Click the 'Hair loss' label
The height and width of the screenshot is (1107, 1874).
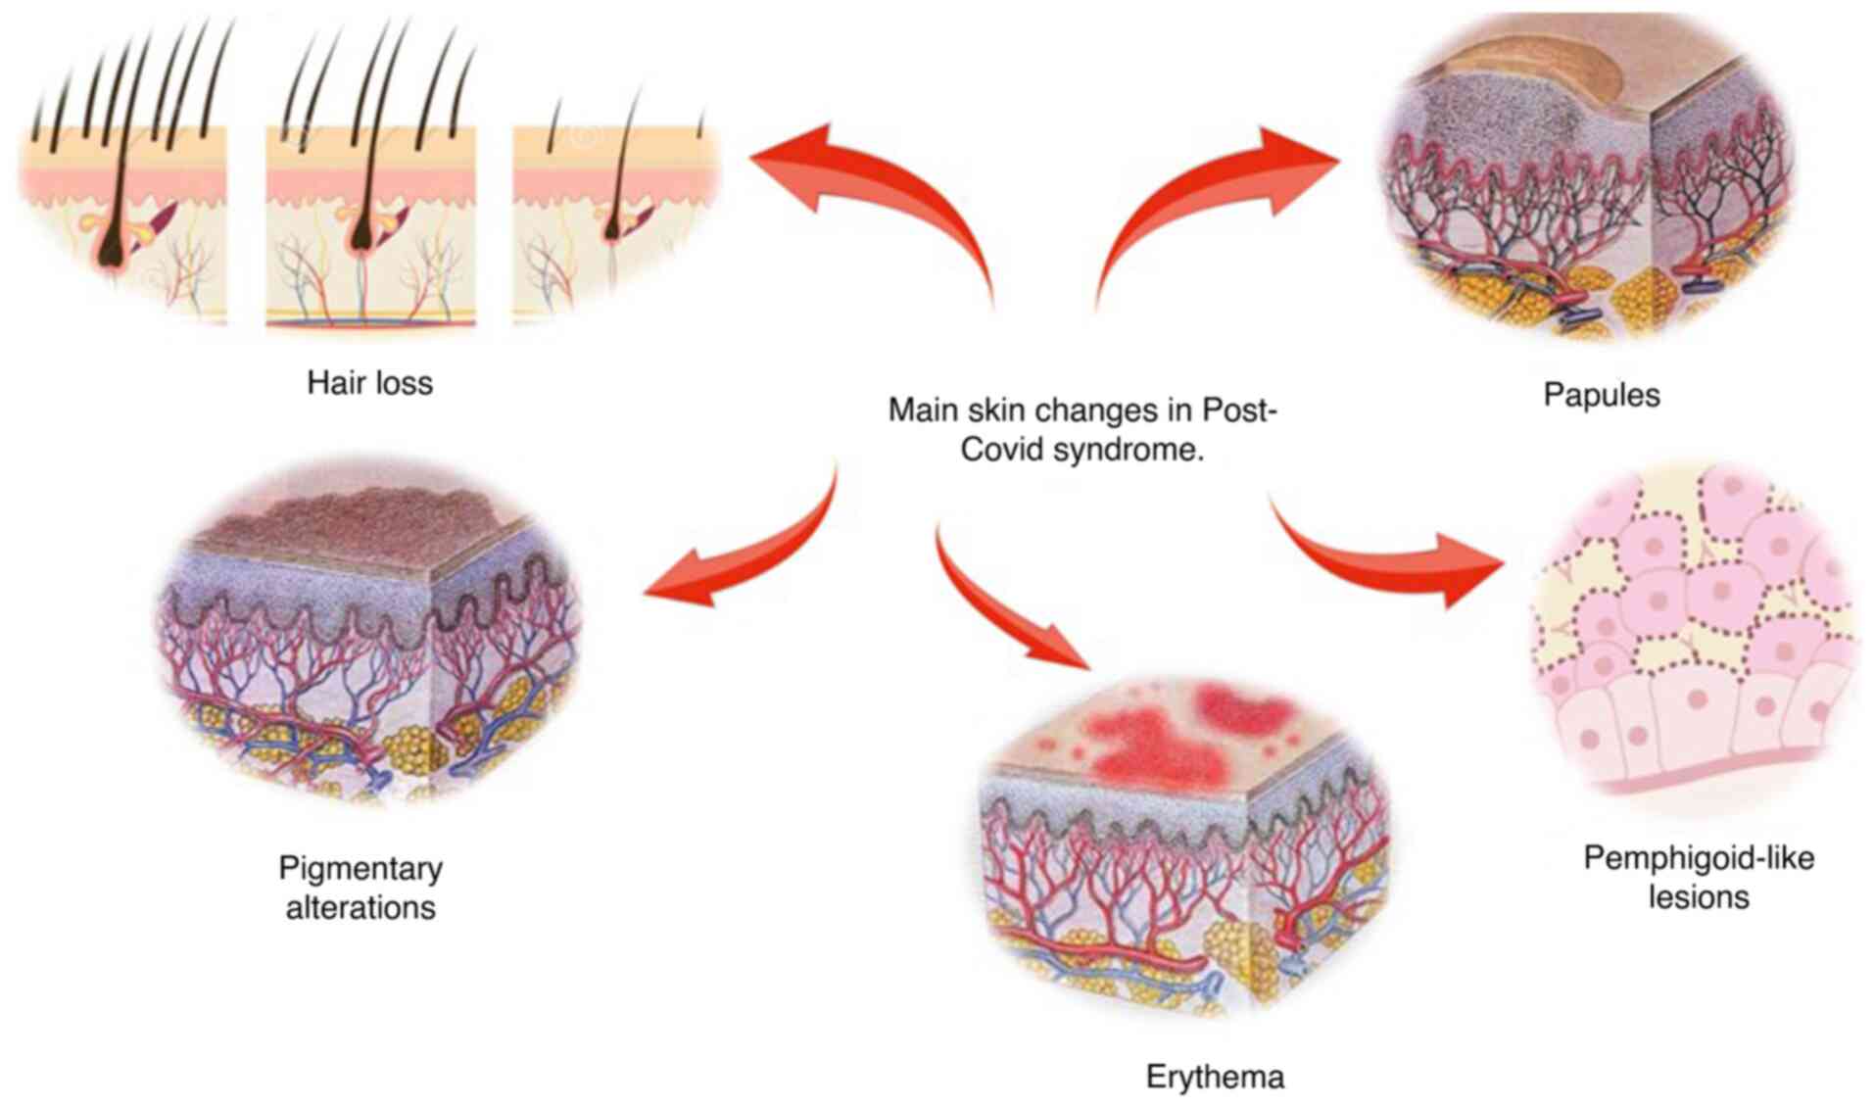point(369,382)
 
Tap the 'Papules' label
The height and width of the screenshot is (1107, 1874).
point(1601,395)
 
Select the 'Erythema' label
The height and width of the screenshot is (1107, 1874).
point(1214,1077)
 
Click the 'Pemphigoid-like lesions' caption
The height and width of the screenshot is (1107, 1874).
point(1698,877)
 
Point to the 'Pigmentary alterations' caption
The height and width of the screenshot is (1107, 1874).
point(360,888)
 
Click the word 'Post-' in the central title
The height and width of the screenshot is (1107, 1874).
point(1239,409)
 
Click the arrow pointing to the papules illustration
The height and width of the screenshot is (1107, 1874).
point(1215,196)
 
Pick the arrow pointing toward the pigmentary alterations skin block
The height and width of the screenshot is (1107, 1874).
point(745,558)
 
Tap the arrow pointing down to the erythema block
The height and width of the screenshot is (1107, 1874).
point(1009,607)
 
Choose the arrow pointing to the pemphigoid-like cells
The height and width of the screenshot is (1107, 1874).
point(1391,558)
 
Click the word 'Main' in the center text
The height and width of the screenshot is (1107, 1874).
point(923,409)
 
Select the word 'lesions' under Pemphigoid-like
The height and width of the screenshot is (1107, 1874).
point(1698,897)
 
